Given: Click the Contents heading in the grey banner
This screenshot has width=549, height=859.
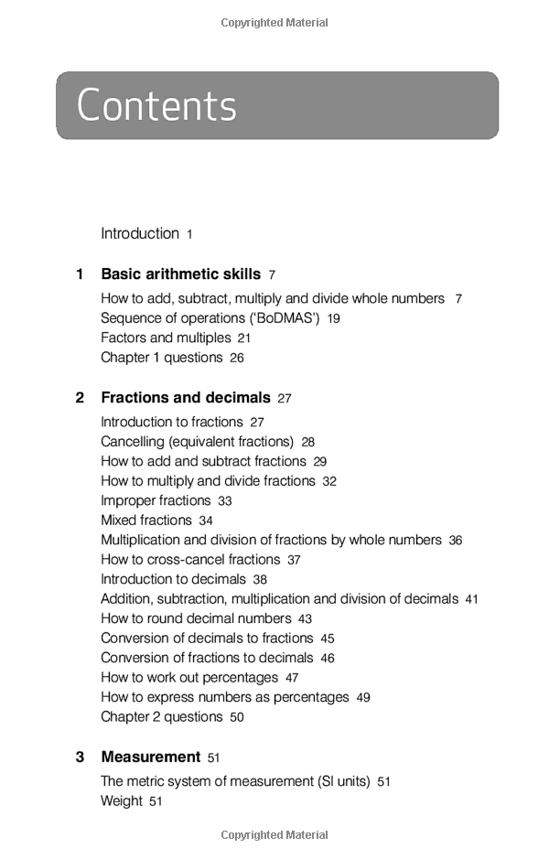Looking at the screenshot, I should [x=156, y=106].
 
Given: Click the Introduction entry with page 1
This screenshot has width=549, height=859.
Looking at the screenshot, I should [x=140, y=234].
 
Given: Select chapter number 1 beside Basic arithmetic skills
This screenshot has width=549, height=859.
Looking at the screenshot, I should [x=80, y=274].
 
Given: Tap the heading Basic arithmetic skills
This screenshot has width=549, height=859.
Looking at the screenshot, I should [x=180, y=274].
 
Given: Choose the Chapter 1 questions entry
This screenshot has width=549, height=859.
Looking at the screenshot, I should [x=161, y=358].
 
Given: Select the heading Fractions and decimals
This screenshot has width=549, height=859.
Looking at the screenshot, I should [x=186, y=398].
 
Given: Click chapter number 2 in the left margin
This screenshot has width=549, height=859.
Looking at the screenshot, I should [x=80, y=398].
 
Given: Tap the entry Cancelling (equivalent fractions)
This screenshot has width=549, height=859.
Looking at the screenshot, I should [x=197, y=442].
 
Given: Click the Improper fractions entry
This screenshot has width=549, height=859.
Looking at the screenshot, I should [x=156, y=501].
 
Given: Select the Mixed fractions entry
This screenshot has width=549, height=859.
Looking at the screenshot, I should [x=146, y=521].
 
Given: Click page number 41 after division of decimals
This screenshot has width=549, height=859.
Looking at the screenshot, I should [x=471, y=600].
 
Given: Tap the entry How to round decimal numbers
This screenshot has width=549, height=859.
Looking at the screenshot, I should [x=196, y=619].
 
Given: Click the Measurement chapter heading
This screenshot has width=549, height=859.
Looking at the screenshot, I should [x=150, y=757].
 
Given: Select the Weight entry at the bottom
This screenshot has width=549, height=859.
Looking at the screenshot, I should [x=122, y=801].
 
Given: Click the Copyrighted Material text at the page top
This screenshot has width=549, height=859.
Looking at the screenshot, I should [x=274, y=23].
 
